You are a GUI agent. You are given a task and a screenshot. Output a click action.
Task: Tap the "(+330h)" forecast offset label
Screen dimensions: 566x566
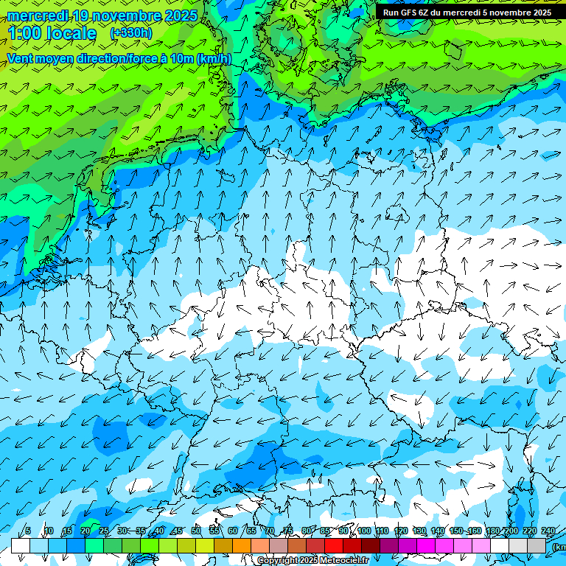130,33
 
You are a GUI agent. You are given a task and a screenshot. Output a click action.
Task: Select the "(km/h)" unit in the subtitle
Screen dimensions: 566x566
214,59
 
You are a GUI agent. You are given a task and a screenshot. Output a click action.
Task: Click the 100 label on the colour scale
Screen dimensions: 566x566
363,531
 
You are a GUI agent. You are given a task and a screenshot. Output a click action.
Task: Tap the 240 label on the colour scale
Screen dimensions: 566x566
548,531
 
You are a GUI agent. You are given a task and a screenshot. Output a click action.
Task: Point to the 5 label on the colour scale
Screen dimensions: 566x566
27,531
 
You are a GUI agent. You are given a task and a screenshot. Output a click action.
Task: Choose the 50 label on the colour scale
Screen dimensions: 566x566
196,531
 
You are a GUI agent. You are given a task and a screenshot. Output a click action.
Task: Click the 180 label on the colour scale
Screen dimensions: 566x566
493,531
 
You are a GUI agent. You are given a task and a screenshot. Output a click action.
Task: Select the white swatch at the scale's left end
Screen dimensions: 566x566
20,545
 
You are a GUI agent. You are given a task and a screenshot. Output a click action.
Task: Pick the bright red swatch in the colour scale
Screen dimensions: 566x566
334,545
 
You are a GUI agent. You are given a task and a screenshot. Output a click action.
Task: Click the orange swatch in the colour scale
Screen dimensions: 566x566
241,545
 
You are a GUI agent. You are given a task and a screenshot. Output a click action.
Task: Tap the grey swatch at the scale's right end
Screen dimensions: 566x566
537,545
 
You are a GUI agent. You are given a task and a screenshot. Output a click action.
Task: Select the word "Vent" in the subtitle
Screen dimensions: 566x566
21,59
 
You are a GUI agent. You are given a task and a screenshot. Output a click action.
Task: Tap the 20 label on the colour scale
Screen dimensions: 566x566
85,531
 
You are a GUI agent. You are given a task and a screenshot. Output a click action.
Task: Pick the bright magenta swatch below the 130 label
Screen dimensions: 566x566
426,545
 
